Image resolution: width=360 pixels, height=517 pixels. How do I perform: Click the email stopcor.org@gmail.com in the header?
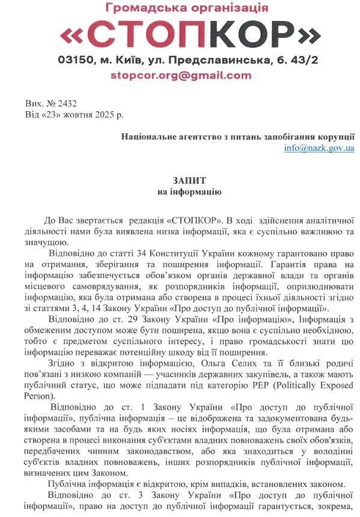(x=180, y=76)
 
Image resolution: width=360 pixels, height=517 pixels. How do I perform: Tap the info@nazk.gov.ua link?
(x=319, y=148)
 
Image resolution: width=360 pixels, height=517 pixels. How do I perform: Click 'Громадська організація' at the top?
(x=187, y=8)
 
